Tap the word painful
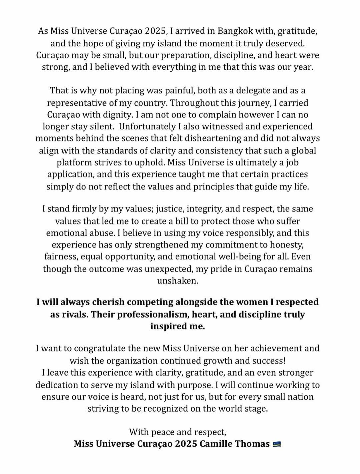click(163, 90)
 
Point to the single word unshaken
click(178, 281)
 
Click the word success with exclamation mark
click(268, 361)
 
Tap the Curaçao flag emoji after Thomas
click(277, 444)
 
